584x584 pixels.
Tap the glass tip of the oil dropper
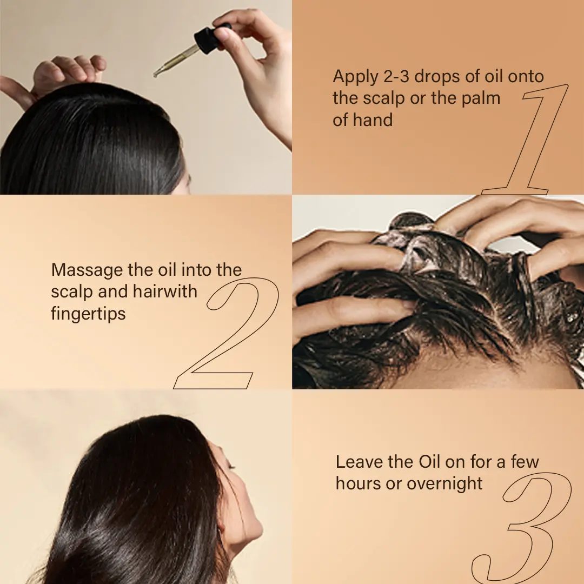156,75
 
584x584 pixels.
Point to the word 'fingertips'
88,314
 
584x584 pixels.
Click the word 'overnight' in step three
444,484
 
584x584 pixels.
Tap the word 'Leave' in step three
359,462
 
